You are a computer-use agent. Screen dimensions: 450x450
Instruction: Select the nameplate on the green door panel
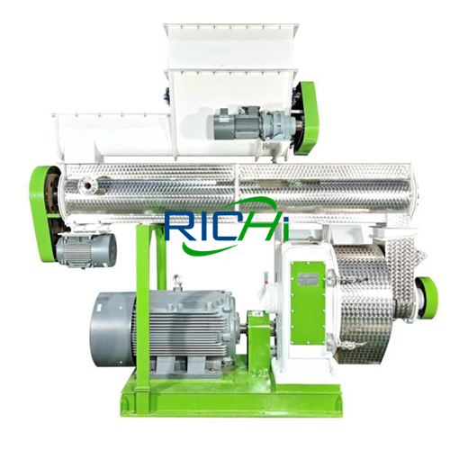pos(309,278)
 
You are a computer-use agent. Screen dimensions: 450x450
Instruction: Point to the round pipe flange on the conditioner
pos(87,184)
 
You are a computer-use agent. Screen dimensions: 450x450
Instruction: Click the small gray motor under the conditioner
pos(86,249)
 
